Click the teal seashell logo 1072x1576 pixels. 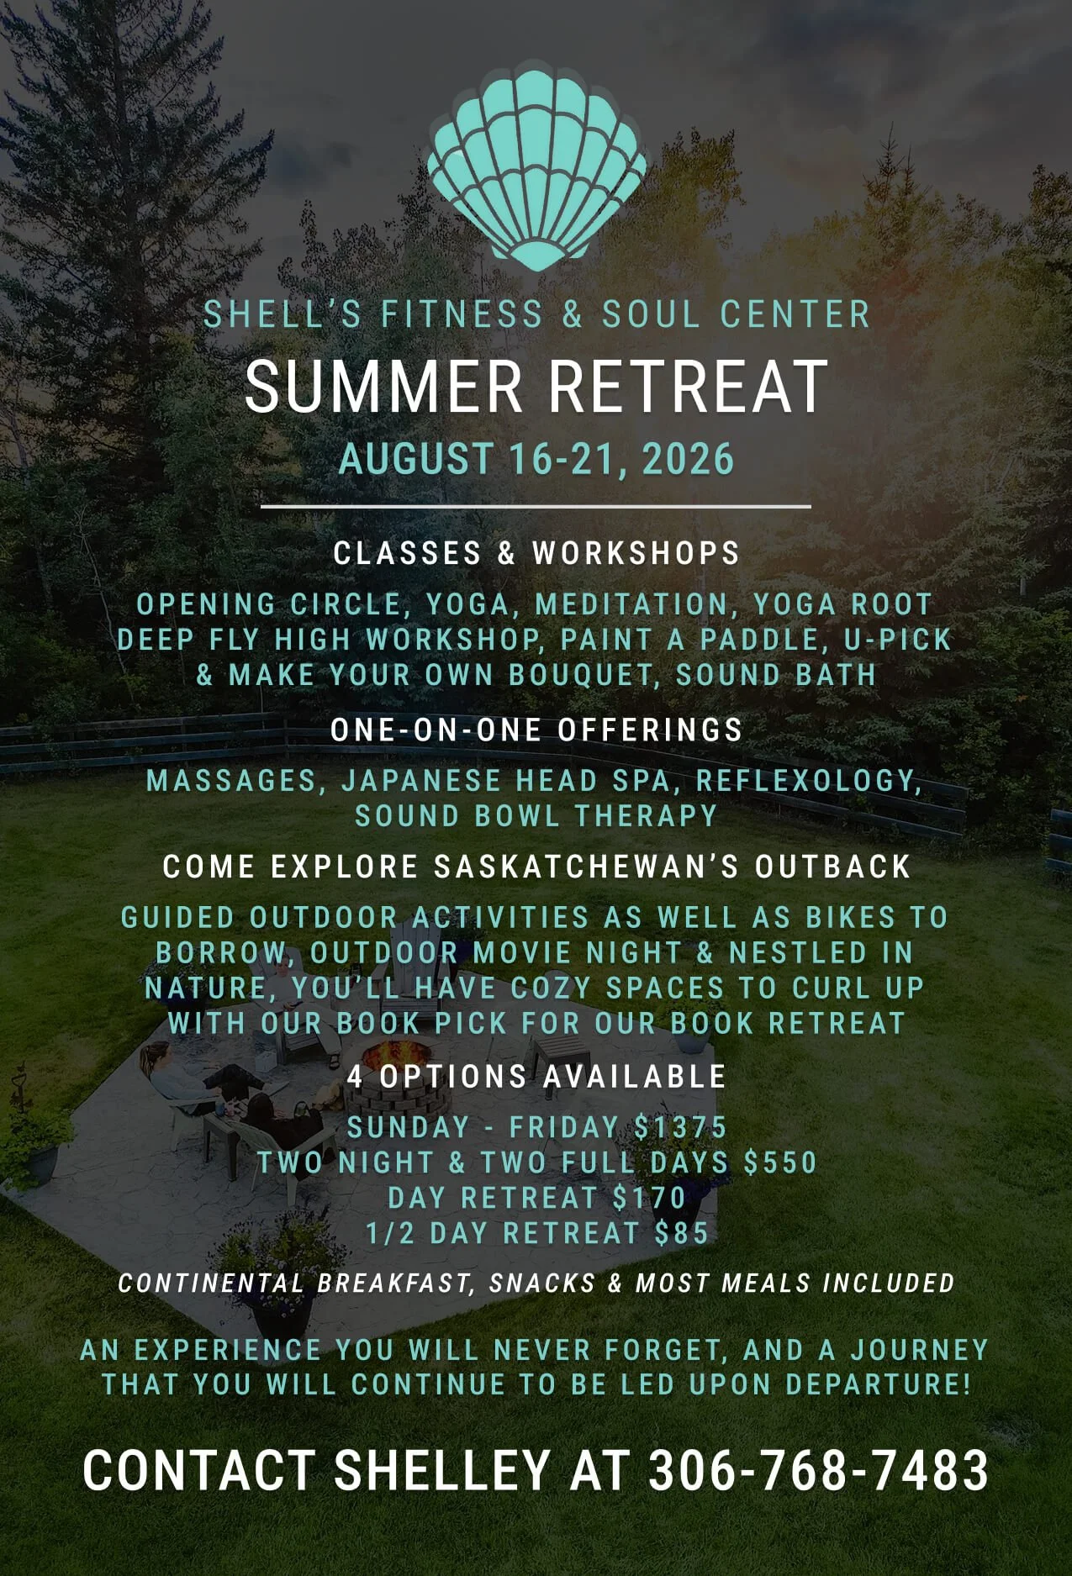(536, 168)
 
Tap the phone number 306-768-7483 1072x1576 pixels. (818, 1471)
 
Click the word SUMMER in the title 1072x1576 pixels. (383, 387)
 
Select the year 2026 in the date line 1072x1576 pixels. (688, 460)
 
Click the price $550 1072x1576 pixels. (781, 1162)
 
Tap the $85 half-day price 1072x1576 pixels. (682, 1233)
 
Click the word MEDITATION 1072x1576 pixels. (632, 604)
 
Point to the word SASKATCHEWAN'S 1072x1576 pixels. (585, 867)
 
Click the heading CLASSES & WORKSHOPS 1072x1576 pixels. (536, 553)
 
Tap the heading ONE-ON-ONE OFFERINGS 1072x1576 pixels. (536, 730)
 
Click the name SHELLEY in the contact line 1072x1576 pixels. (442, 1471)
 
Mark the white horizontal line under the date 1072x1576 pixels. (536, 507)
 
